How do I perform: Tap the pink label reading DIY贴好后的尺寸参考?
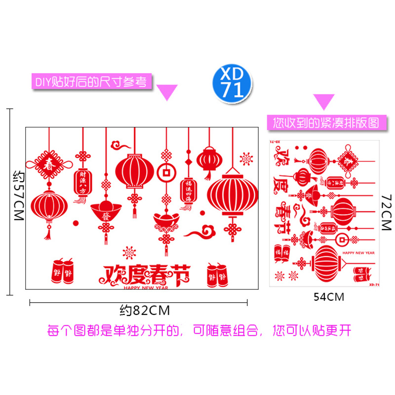coord(91,81)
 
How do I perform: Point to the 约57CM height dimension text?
coord(18,196)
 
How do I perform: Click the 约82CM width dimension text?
coord(145,311)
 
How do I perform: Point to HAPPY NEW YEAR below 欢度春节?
coord(146,287)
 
